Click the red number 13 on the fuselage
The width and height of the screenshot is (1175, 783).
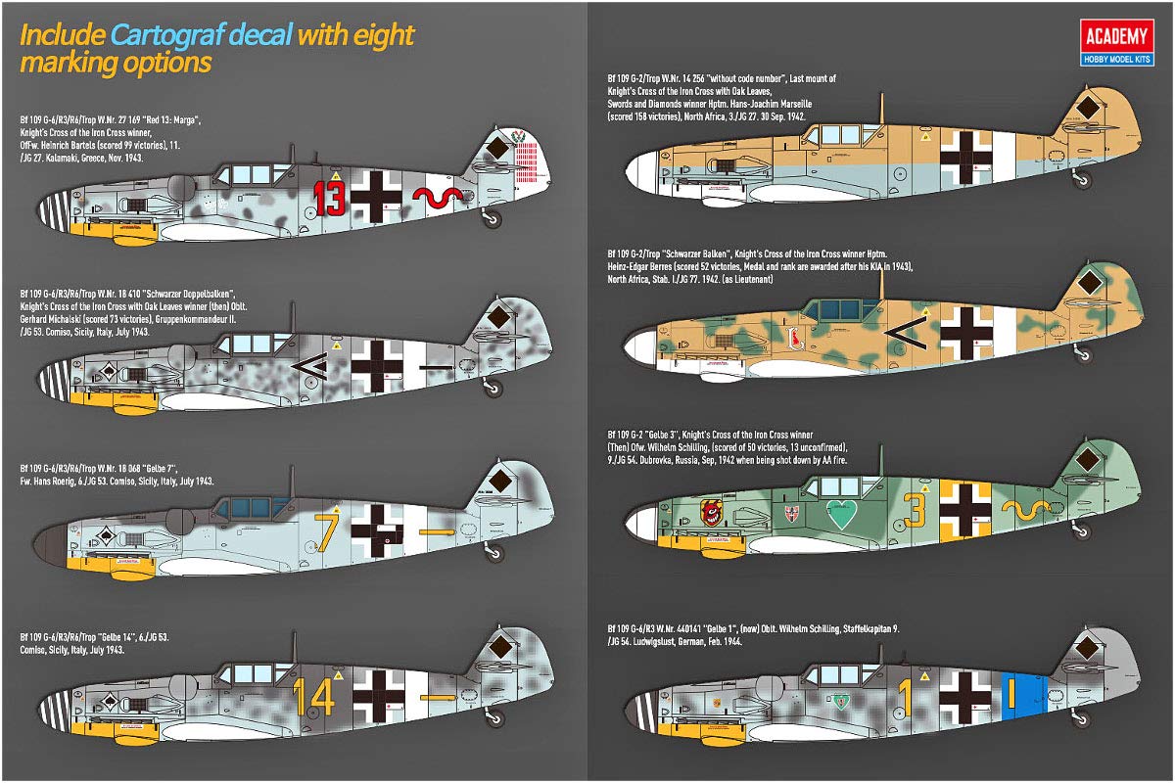coord(330,199)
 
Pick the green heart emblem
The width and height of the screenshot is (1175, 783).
coord(839,512)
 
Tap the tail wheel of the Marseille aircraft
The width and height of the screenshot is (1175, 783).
coord(1083,179)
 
